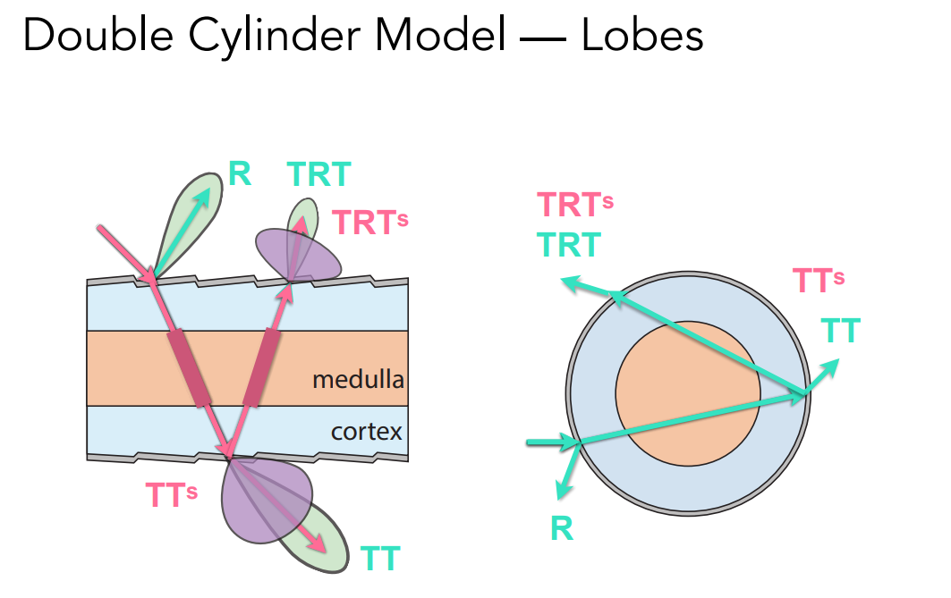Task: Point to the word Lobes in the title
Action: coord(642,37)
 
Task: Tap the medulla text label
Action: coord(358,380)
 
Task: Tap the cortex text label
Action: coord(366,433)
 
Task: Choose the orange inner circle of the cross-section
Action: coord(687,393)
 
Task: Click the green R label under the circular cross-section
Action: coord(562,528)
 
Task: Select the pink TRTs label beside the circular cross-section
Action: coord(574,206)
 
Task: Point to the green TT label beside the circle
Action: coord(840,331)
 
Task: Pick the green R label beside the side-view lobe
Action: coord(239,174)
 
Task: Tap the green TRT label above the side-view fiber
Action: coord(318,175)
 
